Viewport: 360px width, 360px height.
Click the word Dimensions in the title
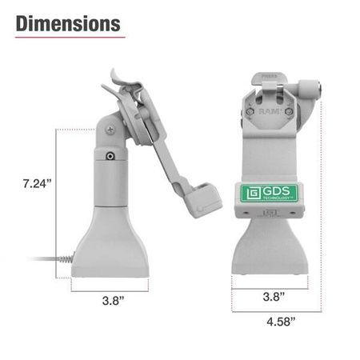pos(69,23)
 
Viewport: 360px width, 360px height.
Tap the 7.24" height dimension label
pos(37,183)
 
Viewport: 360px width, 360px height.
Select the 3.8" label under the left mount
pos(113,303)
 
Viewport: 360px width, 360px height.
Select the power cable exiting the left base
pos(48,259)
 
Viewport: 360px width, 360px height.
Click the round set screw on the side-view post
pos(108,158)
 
